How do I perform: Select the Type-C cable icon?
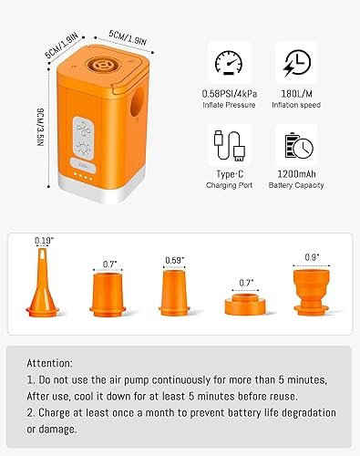(x=228, y=145)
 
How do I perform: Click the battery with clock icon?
(x=295, y=145)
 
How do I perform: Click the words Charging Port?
(x=228, y=188)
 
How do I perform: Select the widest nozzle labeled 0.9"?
(x=312, y=291)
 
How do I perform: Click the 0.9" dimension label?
(x=312, y=256)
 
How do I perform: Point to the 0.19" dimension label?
(x=43, y=242)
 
